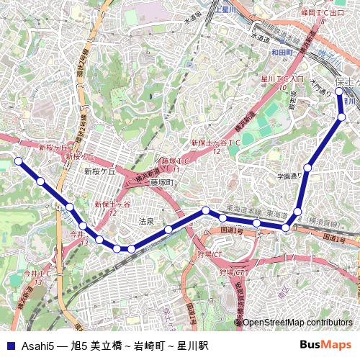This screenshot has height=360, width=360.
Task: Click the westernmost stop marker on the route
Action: point(19,161)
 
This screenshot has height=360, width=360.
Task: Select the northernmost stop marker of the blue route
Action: point(339,91)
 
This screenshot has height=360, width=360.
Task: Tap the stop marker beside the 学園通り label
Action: point(307,168)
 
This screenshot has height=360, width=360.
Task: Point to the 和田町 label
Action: point(283,53)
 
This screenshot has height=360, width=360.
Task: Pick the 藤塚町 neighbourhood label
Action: point(163,183)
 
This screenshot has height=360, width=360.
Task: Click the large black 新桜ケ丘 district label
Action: point(99,172)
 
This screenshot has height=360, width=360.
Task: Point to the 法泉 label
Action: point(146,221)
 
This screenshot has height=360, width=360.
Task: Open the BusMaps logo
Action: point(325,345)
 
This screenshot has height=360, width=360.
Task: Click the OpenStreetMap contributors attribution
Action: point(297,322)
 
